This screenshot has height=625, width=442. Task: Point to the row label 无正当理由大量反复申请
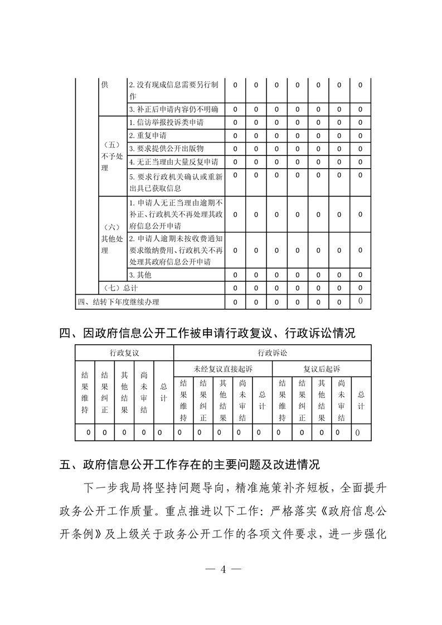[173, 162]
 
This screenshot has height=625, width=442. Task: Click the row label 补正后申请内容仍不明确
[173, 109]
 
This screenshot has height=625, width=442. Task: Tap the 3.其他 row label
[140, 275]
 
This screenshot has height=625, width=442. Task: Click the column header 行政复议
[124, 353]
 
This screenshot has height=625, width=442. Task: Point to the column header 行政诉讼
[272, 353]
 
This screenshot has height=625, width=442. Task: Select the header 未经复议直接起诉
[223, 369]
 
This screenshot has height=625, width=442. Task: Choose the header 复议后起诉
[322, 369]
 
